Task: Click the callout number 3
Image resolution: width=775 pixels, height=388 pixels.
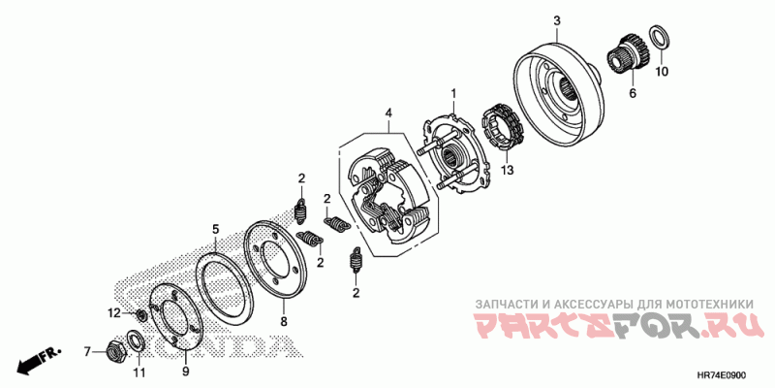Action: pyautogui.click(x=556, y=20)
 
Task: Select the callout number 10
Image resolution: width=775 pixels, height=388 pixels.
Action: pyautogui.click(x=662, y=72)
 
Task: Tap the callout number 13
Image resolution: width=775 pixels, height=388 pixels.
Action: pyautogui.click(x=507, y=171)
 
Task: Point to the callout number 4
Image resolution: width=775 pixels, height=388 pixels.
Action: pyautogui.click(x=389, y=113)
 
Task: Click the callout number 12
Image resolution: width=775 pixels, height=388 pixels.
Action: pyautogui.click(x=114, y=312)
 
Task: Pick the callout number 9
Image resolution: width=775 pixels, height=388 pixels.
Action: pyautogui.click(x=186, y=372)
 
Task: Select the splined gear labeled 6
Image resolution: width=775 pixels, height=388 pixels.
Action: pyautogui.click(x=627, y=57)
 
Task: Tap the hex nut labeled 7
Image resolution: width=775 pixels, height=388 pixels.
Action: pyautogui.click(x=115, y=351)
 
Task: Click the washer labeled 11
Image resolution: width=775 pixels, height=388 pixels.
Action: pyautogui.click(x=134, y=342)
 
